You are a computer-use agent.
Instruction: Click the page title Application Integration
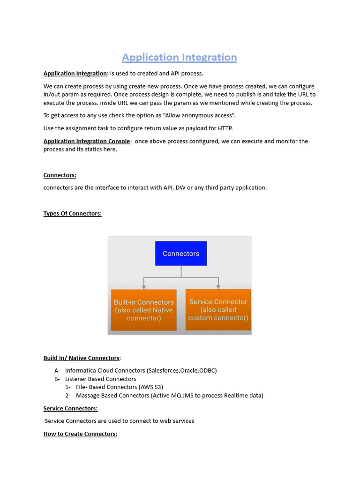point(180,57)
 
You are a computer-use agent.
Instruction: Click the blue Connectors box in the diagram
point(181,254)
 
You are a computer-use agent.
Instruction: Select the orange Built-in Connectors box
point(144,310)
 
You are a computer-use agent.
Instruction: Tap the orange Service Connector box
point(218,309)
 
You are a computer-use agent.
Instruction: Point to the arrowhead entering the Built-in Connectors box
point(144,286)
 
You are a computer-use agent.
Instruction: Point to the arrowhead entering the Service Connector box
point(218,286)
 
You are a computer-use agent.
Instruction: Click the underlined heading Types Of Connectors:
point(72,213)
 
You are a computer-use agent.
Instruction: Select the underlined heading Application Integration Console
point(87,141)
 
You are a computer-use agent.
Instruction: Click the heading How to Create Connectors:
point(80,434)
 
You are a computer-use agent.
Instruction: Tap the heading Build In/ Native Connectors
point(82,358)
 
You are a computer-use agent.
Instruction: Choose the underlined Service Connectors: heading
point(70,408)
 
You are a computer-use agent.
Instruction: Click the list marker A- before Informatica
point(57,370)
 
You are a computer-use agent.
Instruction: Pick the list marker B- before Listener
point(57,379)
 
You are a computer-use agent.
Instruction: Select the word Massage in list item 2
point(87,395)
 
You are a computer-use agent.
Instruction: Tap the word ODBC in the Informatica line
point(208,370)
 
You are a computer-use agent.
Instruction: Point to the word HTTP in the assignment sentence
point(225,128)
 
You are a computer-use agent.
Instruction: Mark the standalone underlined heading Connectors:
point(60,175)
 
